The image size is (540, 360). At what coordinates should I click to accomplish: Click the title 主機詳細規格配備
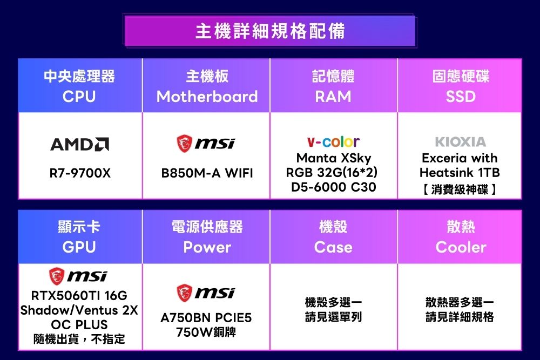[x=270, y=31]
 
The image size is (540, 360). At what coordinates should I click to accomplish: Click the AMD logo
[x=79, y=144]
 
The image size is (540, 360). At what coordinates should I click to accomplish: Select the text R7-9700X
[x=80, y=173]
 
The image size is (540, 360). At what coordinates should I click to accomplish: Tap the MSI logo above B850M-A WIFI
[x=206, y=144]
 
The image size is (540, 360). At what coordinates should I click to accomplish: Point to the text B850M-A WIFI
[x=207, y=173]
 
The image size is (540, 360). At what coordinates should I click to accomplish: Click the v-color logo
[x=333, y=141]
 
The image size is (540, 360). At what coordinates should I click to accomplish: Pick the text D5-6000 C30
[x=333, y=187]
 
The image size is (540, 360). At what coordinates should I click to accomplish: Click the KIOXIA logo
[x=461, y=141]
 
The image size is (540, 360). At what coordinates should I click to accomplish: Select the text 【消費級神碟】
[x=460, y=189]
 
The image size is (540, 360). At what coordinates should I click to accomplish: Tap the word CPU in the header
[x=79, y=97]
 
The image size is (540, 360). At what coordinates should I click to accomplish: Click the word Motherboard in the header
[x=207, y=97]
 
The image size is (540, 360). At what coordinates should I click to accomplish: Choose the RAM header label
[x=333, y=97]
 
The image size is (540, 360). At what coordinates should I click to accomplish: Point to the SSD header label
[x=461, y=97]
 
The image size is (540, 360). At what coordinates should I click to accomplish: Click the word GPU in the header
[x=79, y=247]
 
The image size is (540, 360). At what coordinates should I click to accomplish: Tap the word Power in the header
[x=207, y=247]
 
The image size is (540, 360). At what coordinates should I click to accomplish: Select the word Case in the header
[x=333, y=247]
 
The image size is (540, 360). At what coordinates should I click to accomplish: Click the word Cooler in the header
[x=461, y=247]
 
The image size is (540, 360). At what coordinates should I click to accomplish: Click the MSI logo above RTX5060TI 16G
[x=78, y=276]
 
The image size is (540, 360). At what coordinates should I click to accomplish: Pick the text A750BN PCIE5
[x=206, y=318]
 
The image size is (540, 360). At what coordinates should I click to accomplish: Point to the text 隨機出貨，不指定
[x=79, y=339]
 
